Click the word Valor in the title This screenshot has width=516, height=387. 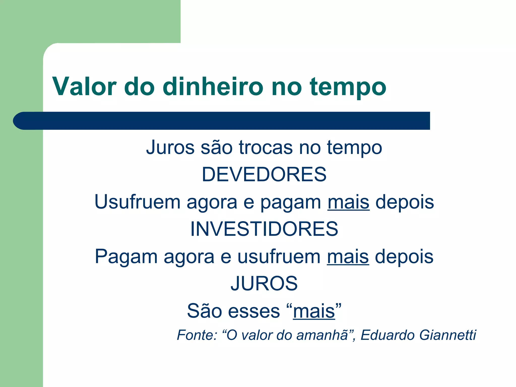pos(84,86)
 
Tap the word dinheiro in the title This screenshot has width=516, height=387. pos(213,86)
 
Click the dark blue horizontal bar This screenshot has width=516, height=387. pos(222,121)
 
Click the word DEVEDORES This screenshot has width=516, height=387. pos(264,174)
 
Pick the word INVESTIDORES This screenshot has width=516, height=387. pos(264,229)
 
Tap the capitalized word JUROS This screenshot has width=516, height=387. pos(264,283)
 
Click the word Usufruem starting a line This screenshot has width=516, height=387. pos(138,202)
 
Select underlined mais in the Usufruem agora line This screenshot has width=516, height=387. pos(348,202)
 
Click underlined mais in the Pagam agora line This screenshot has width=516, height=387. pos(348,257)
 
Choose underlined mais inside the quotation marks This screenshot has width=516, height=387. pos(314,311)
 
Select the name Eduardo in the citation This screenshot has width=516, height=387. pos(388,335)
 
